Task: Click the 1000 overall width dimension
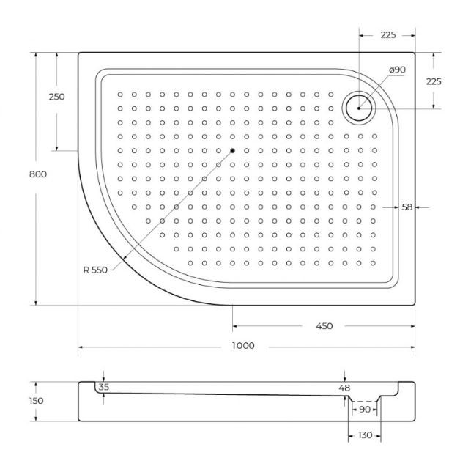pos(244,345)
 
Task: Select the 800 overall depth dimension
pos(18,174)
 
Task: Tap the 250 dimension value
pos(56,97)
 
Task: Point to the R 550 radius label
pos(95,270)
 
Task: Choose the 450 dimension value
pos(324,326)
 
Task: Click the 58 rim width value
pos(407,207)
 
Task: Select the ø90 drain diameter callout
pos(396,70)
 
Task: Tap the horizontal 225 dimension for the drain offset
pos(387,34)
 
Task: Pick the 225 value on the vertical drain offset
pos(434,82)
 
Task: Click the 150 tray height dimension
pos(16,401)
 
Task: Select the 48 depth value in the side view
pos(345,387)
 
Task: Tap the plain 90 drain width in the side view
pos(364,410)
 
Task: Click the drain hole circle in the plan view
pos(359,108)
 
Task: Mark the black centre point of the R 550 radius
pos(232,150)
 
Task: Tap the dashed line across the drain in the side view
pos(364,401)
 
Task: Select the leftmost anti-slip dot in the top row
pos(120,94)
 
